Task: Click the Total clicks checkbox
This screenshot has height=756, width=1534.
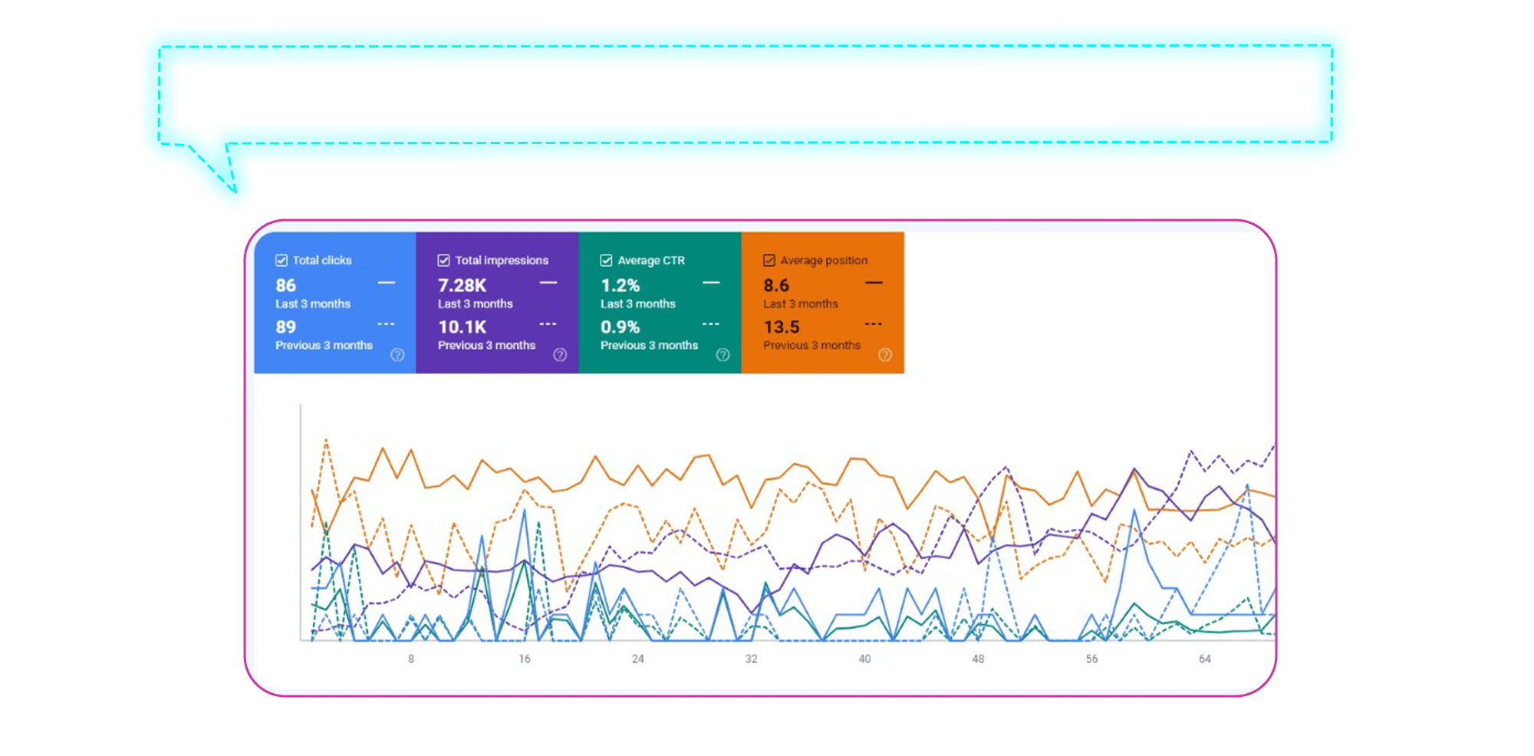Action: click(281, 260)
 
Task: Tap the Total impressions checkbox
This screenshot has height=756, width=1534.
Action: click(443, 260)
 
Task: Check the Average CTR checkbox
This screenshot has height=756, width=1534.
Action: click(606, 260)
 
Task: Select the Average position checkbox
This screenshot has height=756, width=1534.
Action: click(769, 260)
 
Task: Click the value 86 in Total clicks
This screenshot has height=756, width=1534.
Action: click(286, 285)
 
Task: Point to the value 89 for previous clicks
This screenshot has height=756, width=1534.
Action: click(286, 327)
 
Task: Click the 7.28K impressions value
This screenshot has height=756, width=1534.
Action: click(462, 285)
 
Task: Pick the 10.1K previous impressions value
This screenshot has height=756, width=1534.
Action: click(462, 327)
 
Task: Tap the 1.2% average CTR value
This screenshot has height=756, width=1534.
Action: click(620, 285)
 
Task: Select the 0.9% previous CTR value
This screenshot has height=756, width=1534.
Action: click(620, 327)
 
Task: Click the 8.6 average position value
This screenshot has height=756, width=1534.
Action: click(776, 285)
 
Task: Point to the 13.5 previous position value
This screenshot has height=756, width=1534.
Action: click(782, 327)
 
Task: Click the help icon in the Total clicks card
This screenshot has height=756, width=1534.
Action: click(397, 354)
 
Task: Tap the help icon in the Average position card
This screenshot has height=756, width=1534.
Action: click(885, 354)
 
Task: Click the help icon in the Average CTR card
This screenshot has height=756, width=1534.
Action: click(723, 354)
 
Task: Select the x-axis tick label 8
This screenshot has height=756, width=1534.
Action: click(411, 659)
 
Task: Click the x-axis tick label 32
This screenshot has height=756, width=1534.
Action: click(752, 659)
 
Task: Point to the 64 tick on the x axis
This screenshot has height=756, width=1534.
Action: click(1205, 659)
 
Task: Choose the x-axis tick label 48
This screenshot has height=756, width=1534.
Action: click(978, 659)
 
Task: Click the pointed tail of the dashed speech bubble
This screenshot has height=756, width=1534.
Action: click(235, 192)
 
